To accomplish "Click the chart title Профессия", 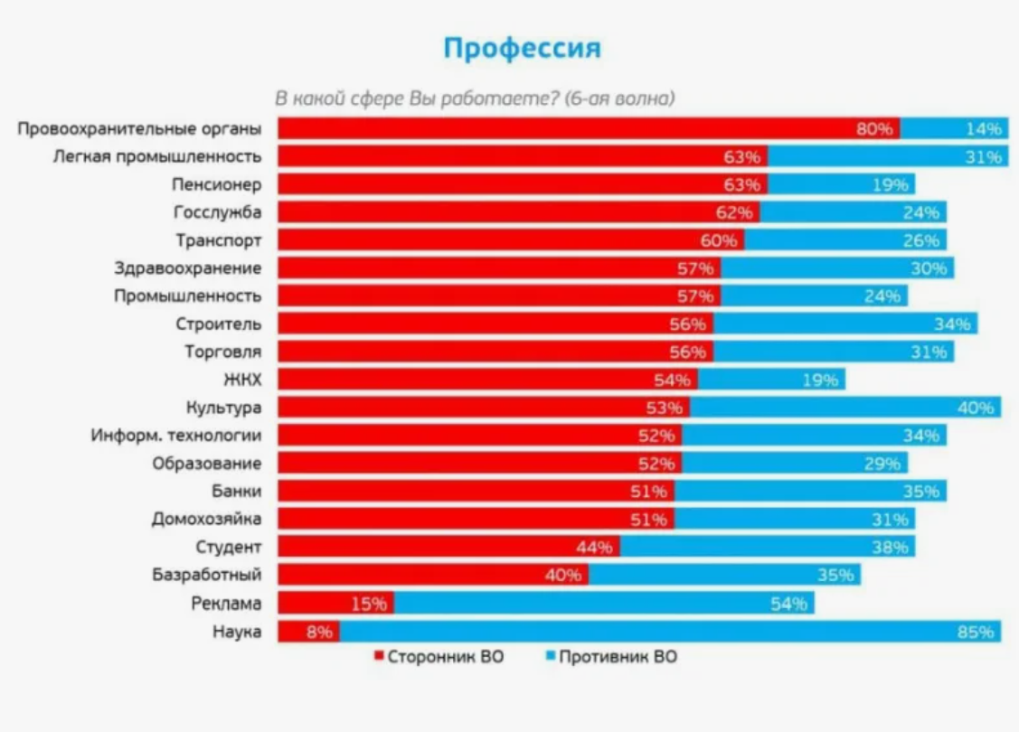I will point(522,48).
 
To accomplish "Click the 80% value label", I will point(874,128).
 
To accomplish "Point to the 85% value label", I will point(976,632).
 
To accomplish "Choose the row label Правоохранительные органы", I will point(140,128).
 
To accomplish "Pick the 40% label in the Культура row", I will point(976,408).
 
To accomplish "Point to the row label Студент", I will point(229,547).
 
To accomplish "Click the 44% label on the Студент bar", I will point(594,547).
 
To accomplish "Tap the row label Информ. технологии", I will point(176,436).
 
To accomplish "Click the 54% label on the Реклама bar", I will point(788,604).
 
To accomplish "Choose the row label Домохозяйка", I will point(207,519).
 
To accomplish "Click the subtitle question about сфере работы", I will point(476,99).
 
